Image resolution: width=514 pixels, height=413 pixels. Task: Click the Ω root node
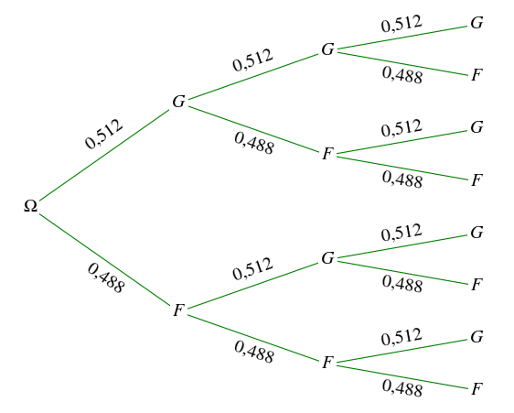pos(30,206)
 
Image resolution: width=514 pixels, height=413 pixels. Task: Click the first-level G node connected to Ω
pos(179,102)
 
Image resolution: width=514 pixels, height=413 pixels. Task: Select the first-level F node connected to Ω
pos(179,310)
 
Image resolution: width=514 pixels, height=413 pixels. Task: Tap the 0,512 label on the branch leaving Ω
pos(103,134)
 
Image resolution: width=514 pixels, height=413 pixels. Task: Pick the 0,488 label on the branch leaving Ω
pos(106,278)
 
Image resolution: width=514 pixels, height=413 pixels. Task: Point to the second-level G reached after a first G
pos(327,49)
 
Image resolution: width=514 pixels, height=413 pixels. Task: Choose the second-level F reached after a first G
pos(327,153)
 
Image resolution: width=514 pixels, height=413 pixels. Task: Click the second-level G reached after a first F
pos(327,258)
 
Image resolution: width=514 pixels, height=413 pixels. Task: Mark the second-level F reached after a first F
pos(327,363)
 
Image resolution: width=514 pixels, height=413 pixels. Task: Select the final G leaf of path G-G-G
pos(477,23)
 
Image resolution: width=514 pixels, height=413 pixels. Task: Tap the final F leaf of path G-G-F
pos(477,75)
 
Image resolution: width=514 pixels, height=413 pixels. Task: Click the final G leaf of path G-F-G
pos(477,127)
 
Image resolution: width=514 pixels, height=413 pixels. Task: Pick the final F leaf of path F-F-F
pos(477,389)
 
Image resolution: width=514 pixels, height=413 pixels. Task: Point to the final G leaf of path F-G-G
pos(477,232)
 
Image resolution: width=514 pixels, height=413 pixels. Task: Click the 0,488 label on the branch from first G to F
pos(254,143)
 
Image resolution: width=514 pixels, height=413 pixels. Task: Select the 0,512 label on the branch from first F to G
pos(252,269)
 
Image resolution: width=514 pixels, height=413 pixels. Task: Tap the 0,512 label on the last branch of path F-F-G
pos(402,337)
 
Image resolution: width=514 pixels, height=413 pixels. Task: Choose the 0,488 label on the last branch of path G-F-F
pos(402,179)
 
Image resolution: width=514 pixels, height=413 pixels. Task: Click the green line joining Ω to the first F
pos(104,260)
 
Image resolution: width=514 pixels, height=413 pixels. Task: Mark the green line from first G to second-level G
pos(253,76)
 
